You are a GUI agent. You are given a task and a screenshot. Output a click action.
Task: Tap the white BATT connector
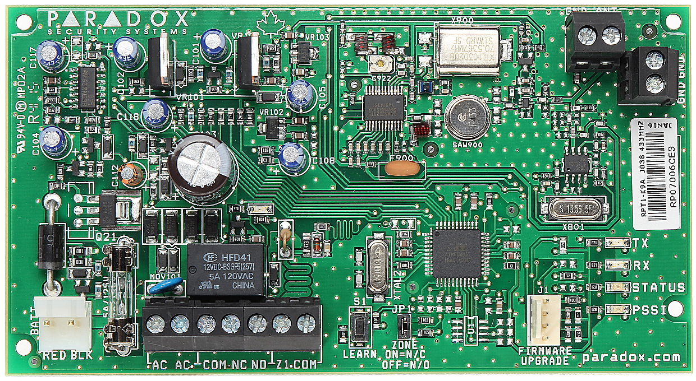click(62, 323)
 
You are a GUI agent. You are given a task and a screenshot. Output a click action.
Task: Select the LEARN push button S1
click(359, 327)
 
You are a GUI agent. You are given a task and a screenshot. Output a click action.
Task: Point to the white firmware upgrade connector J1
click(543, 320)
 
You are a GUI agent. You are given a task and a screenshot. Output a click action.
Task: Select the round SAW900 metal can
click(467, 117)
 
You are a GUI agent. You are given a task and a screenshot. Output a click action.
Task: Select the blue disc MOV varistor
click(167, 286)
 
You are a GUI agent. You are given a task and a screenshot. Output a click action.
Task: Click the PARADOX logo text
click(118, 20)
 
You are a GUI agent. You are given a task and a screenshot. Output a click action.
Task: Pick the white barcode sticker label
click(655, 173)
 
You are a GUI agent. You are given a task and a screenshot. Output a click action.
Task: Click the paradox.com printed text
click(631, 357)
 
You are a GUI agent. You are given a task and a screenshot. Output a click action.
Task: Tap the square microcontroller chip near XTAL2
click(456, 253)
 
